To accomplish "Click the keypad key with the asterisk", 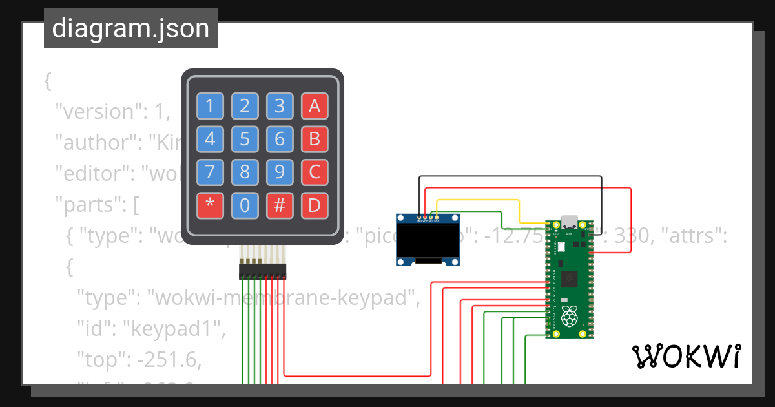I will click(210, 205).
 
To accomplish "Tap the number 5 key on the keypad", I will click(245, 139).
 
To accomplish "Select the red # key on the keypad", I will click(280, 205).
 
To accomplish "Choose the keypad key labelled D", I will click(315, 205).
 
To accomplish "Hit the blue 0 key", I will click(245, 205).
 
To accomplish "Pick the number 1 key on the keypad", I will click(210, 105).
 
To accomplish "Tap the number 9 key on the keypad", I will click(280, 172).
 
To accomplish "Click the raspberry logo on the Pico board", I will click(568, 317).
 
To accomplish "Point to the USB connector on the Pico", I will click(569, 223).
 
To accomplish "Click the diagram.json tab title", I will click(130, 28).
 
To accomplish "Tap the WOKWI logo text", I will click(686, 356).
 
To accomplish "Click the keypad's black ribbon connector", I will click(262, 271).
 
